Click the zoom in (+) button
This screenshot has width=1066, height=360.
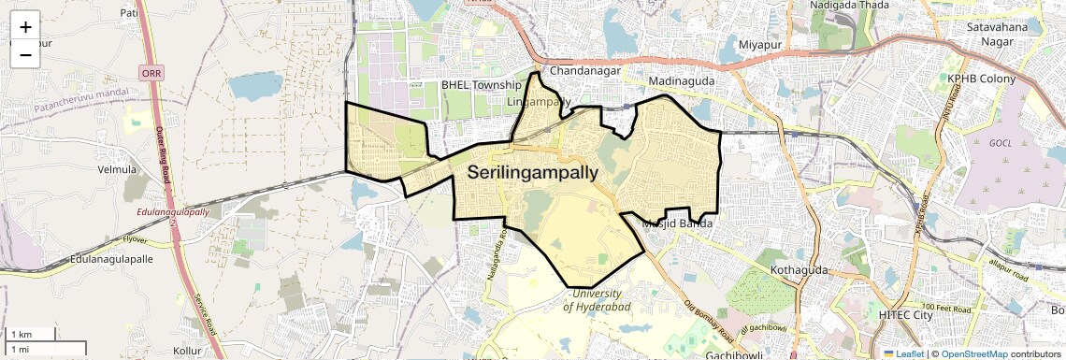[25, 27]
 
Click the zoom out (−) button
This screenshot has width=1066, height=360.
[25, 55]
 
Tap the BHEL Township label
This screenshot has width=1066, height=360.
[481, 85]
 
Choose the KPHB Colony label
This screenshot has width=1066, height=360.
[981, 79]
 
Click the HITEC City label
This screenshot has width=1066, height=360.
[905, 315]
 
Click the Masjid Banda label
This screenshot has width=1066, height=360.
[680, 224]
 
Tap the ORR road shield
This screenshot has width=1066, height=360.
[150, 72]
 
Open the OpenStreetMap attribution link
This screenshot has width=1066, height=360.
[973, 353]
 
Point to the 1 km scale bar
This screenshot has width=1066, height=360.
[31, 335]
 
